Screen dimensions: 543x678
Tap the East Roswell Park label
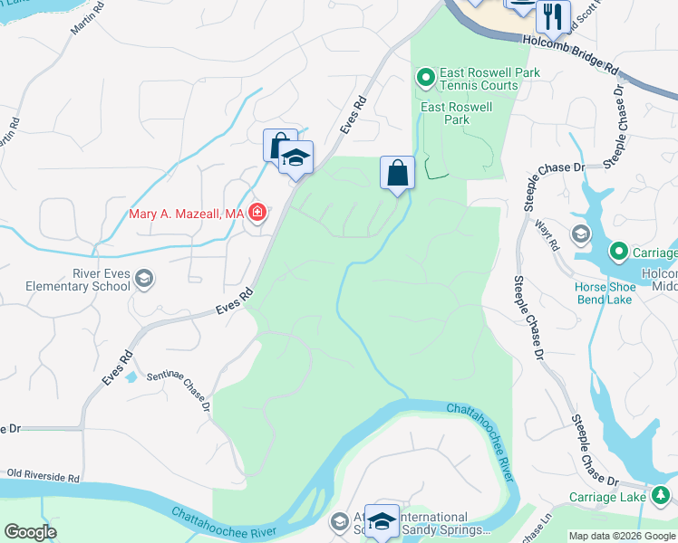(458, 113)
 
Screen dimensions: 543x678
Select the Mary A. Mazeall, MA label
(187, 214)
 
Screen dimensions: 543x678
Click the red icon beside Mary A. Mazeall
(257, 213)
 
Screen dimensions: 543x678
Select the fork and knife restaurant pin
(552, 15)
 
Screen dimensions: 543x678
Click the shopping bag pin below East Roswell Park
(397, 173)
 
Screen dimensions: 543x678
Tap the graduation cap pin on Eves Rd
(295, 158)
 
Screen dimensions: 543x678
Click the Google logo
(31, 531)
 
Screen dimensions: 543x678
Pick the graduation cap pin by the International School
(382, 521)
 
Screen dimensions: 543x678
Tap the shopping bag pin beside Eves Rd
(278, 145)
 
